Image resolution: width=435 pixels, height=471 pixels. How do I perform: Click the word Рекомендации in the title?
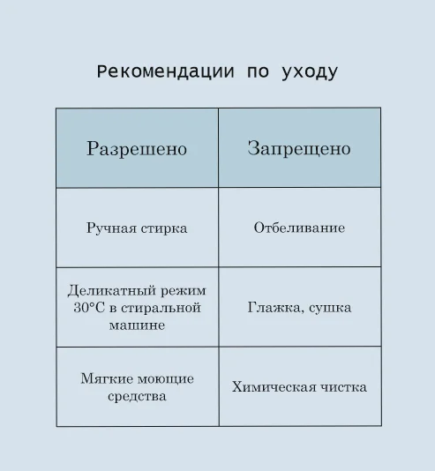[x=165, y=72]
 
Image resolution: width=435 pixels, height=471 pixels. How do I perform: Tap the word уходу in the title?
[x=310, y=73]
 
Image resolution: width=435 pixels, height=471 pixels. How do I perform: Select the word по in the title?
[x=258, y=72]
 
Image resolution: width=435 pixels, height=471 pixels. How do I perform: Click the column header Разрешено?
[x=137, y=149]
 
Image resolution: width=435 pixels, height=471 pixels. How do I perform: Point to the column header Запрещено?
[x=299, y=148]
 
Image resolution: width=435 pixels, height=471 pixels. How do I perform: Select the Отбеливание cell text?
[x=299, y=228]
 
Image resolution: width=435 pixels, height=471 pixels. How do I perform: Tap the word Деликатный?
[x=112, y=291]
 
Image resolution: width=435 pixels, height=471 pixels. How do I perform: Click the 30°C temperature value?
[x=89, y=308]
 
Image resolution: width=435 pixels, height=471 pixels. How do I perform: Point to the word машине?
[x=137, y=325]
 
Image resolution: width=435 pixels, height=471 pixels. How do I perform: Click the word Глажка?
[x=274, y=308]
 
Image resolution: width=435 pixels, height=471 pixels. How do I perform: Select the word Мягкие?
[x=103, y=378]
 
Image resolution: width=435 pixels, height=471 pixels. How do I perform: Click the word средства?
[x=137, y=397]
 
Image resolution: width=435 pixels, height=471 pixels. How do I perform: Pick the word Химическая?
[x=274, y=387]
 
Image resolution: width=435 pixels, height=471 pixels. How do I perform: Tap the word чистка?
[x=343, y=387]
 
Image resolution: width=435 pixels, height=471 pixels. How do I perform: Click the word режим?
[x=184, y=291]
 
